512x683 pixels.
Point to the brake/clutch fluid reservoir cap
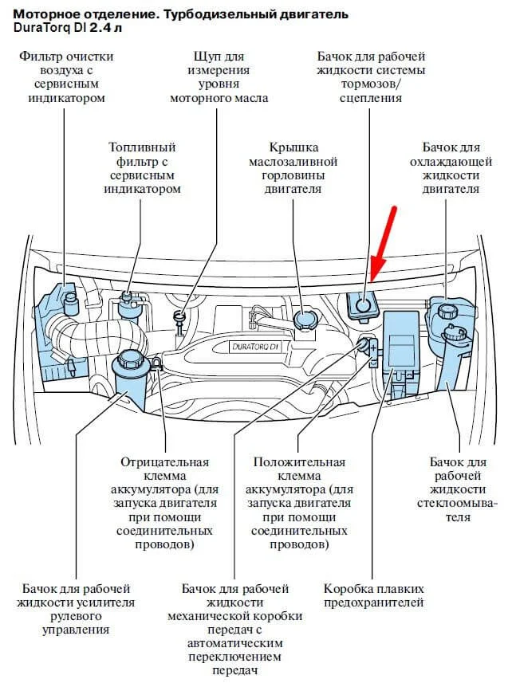click(x=363, y=304)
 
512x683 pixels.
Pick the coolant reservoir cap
click(x=443, y=308)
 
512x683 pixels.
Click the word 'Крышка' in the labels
click(x=293, y=147)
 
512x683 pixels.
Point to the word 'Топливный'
click(x=142, y=148)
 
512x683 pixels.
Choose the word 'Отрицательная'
click(x=164, y=462)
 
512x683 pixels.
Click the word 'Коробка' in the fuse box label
click(x=348, y=589)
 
